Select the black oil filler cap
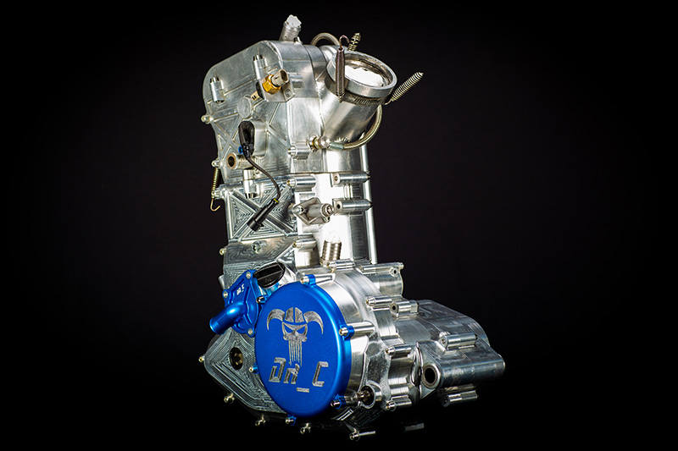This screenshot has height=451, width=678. click(x=268, y=272)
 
